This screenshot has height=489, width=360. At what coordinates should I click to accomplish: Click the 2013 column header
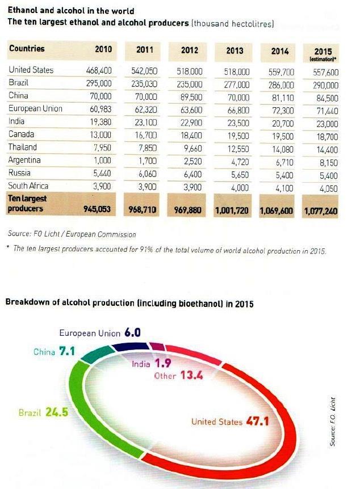coord(234,50)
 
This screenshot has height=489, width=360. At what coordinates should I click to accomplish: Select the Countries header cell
coord(27,48)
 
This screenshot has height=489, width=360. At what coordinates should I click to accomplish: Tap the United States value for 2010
coord(99,70)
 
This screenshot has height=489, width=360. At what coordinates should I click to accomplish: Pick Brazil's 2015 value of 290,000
coord(325,86)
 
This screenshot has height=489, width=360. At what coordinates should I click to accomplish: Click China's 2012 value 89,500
coord(191,98)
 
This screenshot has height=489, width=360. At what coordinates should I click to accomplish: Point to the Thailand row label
coord(23,147)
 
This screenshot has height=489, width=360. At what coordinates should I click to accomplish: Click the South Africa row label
coord(28,186)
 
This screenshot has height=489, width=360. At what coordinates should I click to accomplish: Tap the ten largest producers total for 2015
coord(321,212)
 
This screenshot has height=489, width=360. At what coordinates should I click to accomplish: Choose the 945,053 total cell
coord(97,209)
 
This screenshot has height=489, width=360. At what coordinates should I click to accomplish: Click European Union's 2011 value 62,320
coord(144,110)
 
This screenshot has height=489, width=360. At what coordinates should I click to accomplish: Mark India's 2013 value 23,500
coord(238,123)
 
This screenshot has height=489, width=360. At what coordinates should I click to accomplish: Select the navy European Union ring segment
coord(131,347)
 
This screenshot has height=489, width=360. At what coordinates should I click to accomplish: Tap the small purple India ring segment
coord(157,346)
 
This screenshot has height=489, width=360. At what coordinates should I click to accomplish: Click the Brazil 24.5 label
coord(43,412)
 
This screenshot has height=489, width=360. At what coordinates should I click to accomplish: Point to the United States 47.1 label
coord(230,421)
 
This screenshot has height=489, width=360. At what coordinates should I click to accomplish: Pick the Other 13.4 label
coord(178,375)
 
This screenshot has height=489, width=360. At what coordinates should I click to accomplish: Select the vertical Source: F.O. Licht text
coord(333,421)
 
